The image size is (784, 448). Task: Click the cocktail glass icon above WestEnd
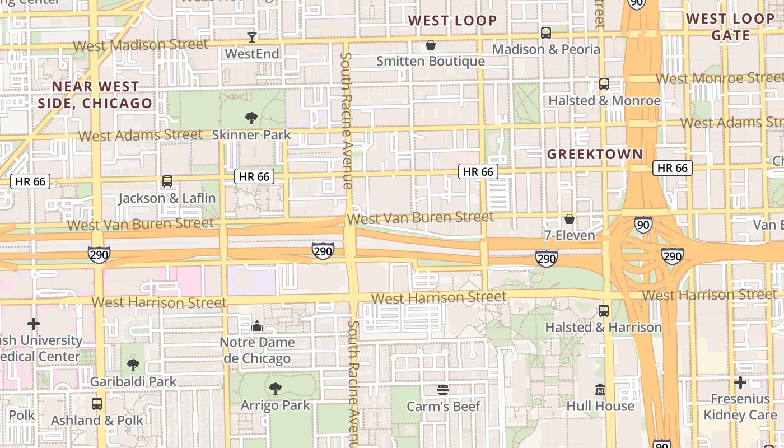[252, 38]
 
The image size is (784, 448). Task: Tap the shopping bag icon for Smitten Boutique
[431, 45]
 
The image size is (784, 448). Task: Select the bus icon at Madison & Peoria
[546, 33]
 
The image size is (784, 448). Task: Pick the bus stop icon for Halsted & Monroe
[604, 84]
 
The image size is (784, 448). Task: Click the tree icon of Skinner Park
[251, 118]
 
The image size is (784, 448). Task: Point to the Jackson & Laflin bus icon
[167, 181]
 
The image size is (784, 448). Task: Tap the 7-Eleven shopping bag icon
[570, 219]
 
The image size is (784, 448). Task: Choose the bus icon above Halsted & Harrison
[603, 311]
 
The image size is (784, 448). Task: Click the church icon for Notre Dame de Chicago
[257, 326]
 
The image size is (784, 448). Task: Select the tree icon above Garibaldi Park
[133, 365]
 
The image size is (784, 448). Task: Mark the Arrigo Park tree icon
[275, 389]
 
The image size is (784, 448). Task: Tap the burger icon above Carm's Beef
[443, 390]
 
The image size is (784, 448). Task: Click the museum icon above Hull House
[600, 389]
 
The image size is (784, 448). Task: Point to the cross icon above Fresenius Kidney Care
[740, 382]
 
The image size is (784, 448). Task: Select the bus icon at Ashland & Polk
[97, 404]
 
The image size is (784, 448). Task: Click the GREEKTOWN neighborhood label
[595, 154]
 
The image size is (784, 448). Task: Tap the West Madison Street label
[140, 45]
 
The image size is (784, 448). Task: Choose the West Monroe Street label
[720, 78]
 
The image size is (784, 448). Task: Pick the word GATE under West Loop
[730, 36]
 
